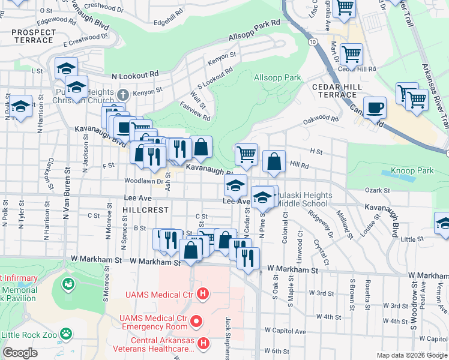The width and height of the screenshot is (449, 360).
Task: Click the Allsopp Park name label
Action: coord(277,78)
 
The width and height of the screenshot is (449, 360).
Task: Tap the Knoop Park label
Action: coord(412,171)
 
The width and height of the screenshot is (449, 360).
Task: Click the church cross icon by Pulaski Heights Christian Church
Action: coord(123,94)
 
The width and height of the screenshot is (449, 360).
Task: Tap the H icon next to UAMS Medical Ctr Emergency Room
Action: coord(195,323)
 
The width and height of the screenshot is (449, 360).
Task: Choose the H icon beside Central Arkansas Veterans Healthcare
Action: coord(203,343)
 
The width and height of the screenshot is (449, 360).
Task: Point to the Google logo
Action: coord(19,353)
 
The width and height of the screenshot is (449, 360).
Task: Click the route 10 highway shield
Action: coord(314,42)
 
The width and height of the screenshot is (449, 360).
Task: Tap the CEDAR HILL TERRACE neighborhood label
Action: coord(334,91)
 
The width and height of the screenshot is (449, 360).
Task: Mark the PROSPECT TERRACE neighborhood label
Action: coord(32,36)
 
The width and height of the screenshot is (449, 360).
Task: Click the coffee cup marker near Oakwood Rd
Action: coord(375,108)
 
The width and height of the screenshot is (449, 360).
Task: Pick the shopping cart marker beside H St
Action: coord(246,155)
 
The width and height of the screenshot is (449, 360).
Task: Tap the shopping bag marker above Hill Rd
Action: coord(274,161)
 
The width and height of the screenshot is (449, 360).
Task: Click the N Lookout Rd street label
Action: coord(135,75)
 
